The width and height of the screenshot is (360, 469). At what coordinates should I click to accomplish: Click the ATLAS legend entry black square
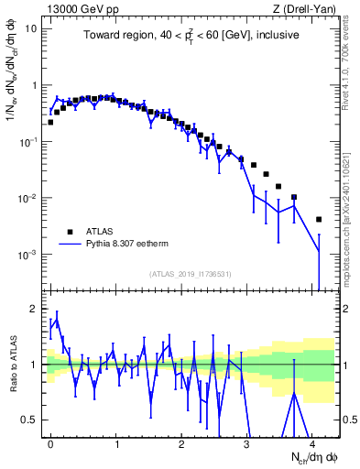click(x=68, y=232)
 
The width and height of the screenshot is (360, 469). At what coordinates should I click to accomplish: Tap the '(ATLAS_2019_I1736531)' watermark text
click(x=191, y=273)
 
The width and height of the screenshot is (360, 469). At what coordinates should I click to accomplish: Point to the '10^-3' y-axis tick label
click(x=27, y=255)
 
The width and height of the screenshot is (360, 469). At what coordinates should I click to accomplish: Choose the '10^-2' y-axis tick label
click(x=27, y=199)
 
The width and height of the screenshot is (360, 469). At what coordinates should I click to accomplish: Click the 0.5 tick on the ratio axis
click(x=30, y=420)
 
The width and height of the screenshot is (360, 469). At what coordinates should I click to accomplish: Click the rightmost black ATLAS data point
click(x=318, y=220)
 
